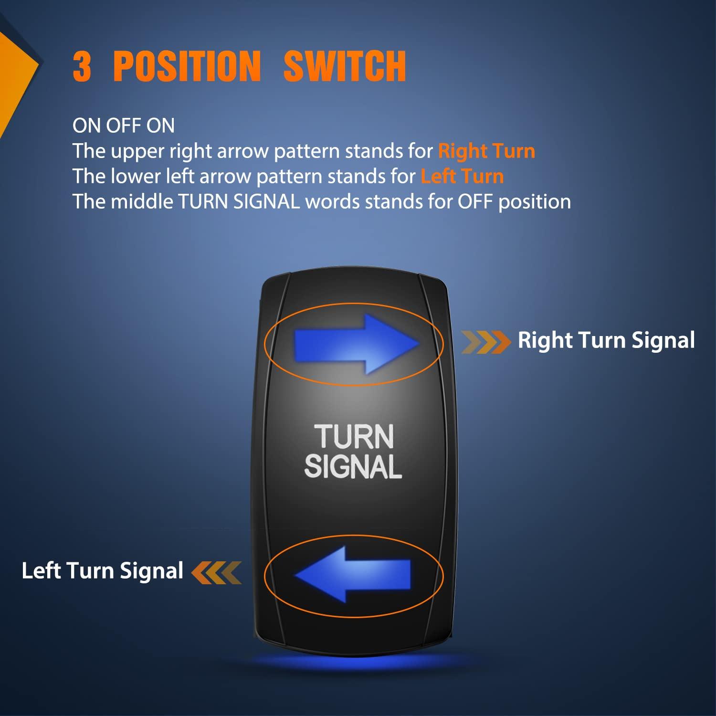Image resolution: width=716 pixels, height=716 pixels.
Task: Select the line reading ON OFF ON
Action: point(124,126)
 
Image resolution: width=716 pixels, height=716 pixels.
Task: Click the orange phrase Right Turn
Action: point(486,151)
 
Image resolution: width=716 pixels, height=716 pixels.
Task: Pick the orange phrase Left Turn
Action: point(462,176)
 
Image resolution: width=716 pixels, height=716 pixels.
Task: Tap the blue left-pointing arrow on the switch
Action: point(353,574)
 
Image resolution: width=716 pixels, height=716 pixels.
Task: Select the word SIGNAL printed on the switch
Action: point(353,466)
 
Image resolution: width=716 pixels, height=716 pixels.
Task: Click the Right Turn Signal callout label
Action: point(606,340)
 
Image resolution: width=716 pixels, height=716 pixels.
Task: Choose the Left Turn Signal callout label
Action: point(102,571)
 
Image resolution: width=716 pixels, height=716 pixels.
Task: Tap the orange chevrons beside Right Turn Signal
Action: point(485,342)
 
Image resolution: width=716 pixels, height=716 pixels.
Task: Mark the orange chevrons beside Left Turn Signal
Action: point(217,572)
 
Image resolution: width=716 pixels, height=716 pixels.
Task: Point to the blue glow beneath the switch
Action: point(353,661)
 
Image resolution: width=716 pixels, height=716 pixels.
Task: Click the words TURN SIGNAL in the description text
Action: point(239,201)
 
